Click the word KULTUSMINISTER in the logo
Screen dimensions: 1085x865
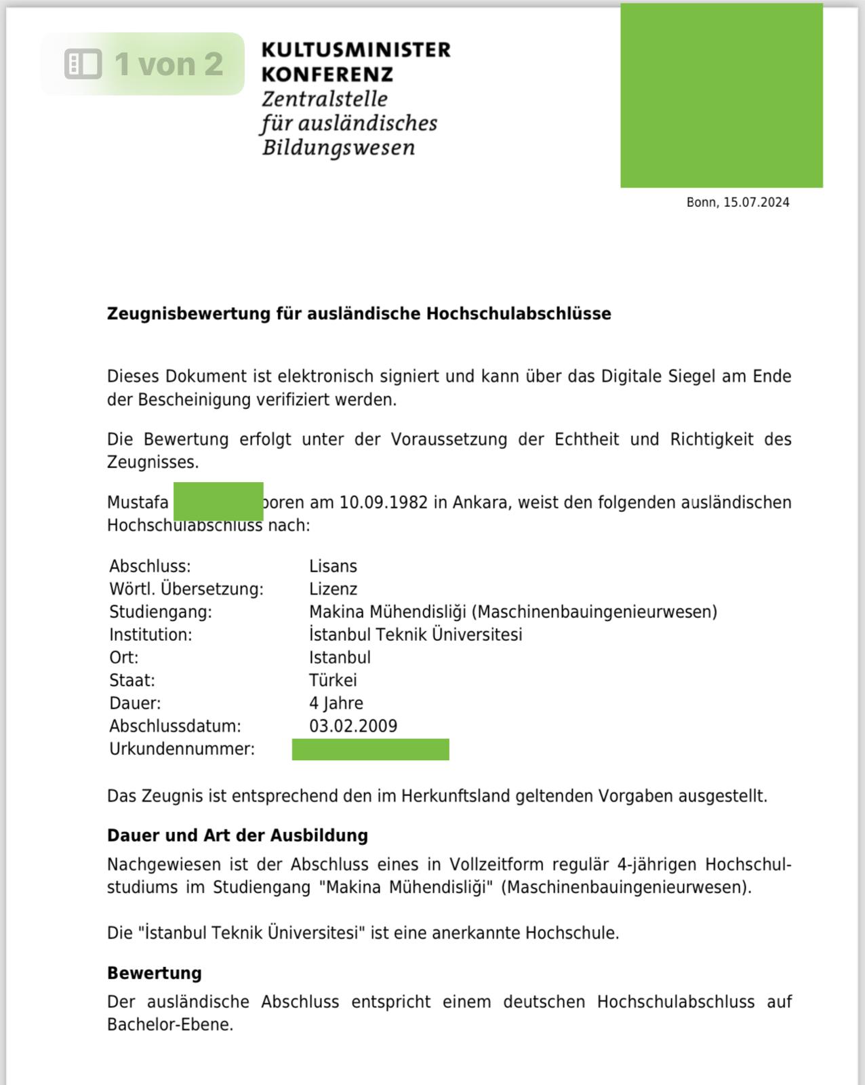click(355, 50)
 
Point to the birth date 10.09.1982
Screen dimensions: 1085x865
click(383, 502)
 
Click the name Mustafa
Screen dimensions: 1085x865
click(138, 502)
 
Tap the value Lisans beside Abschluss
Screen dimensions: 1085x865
click(333, 566)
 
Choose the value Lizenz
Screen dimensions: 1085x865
click(333, 589)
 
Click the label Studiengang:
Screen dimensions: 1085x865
click(161, 612)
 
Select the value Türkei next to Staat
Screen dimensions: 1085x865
click(333, 680)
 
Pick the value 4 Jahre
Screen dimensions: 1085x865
click(336, 703)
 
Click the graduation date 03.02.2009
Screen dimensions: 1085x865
click(353, 726)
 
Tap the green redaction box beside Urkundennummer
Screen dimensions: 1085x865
click(370, 749)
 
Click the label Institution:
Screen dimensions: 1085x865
click(150, 635)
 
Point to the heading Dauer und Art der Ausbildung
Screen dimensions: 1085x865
click(237, 835)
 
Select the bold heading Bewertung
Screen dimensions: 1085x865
click(155, 973)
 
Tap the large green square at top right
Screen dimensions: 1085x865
click(721, 96)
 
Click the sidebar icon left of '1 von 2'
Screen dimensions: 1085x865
click(83, 64)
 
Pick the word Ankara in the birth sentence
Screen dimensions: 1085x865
click(479, 502)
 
